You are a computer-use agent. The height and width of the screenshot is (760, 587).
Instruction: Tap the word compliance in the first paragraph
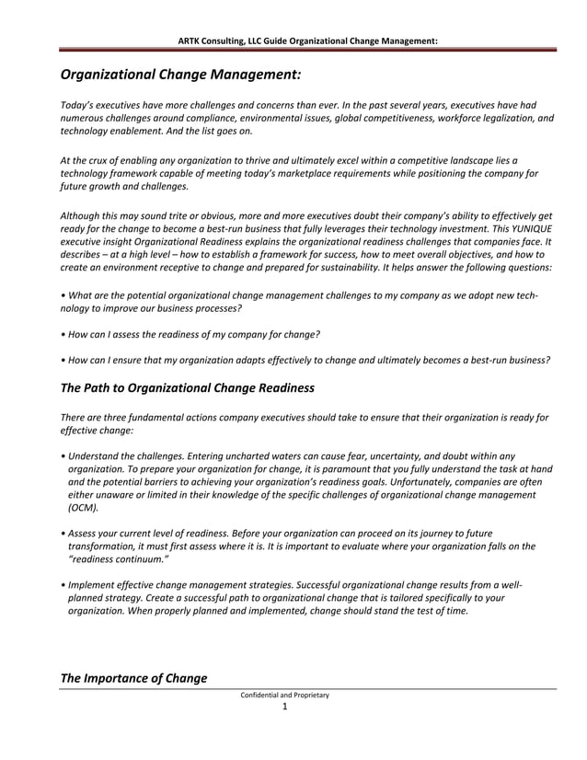click(x=218, y=118)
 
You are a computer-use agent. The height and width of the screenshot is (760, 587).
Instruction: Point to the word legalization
click(x=501, y=118)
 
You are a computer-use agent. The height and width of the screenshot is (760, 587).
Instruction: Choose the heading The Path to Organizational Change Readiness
click(x=187, y=388)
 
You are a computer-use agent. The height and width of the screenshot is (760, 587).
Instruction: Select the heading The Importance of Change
click(x=133, y=678)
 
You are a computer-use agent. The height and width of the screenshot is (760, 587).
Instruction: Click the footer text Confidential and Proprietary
click(x=284, y=695)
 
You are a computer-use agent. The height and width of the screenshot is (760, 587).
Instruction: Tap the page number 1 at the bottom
click(x=285, y=707)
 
